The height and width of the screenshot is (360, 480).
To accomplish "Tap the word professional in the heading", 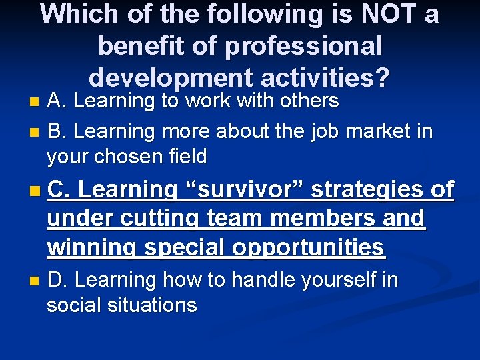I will pos(304,46).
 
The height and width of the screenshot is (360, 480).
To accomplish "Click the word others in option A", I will pos(311,101).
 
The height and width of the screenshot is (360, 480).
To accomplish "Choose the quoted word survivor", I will pos(242,190).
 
